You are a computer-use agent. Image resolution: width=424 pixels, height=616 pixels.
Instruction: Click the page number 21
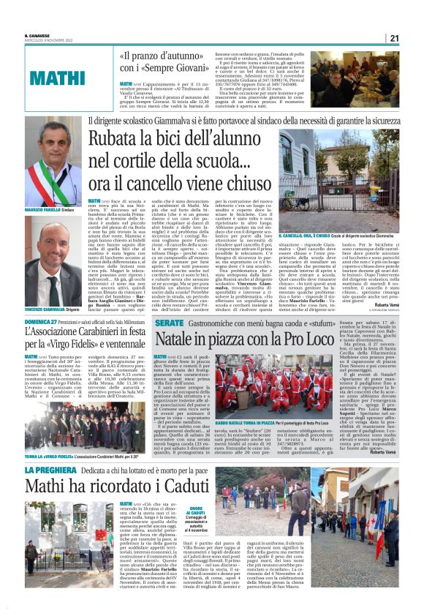pos(393,38)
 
